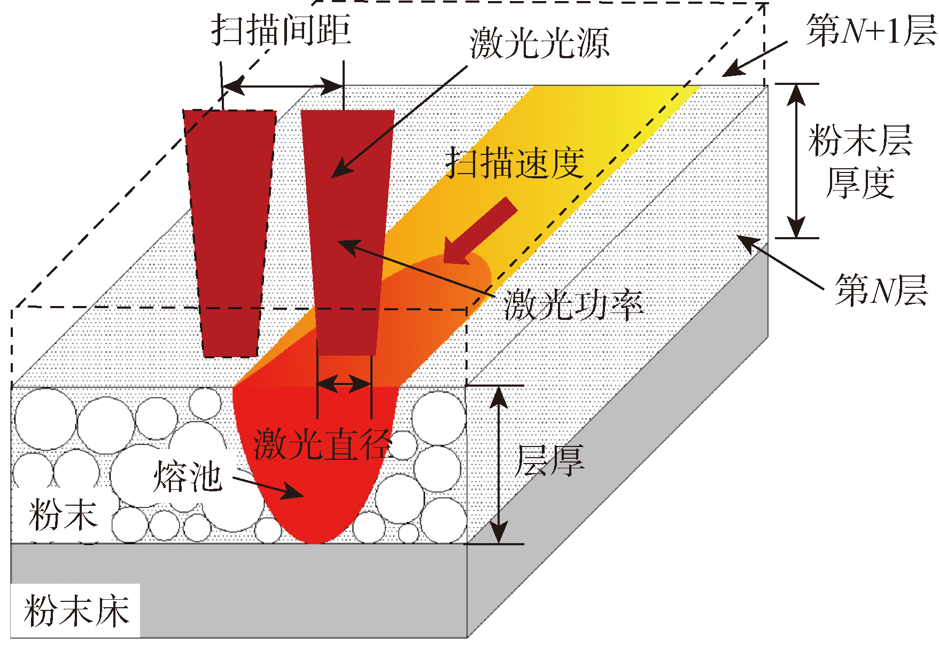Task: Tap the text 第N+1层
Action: tap(871, 30)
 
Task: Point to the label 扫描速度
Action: tap(515, 163)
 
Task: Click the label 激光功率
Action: tap(573, 305)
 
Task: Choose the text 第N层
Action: tap(881, 290)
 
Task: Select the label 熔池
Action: tap(187, 476)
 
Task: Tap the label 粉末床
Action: tap(76, 611)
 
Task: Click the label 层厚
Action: tap(549, 460)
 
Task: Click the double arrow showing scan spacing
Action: tap(283, 85)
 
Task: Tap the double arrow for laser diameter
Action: tap(344, 383)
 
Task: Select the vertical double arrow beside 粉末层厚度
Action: tap(796, 160)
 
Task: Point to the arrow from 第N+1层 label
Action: tap(755, 58)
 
